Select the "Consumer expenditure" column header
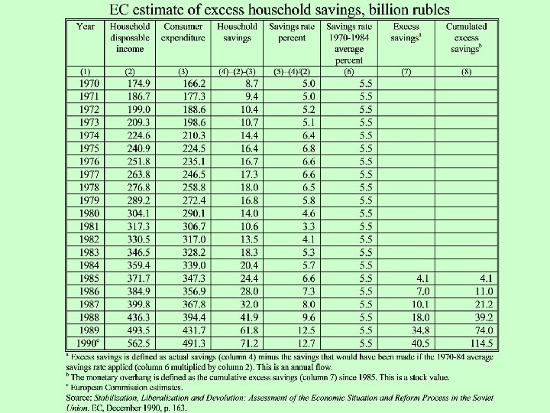pos(183,32)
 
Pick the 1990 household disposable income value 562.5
pos(138,343)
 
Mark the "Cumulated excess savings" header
pos(467,37)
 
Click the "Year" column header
pos(86,27)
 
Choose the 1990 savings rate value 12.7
pos(309,343)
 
